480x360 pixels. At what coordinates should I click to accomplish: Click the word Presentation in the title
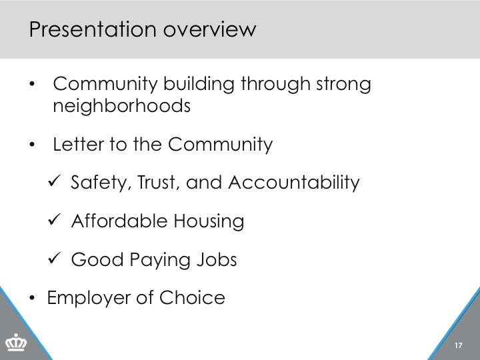click(x=93, y=29)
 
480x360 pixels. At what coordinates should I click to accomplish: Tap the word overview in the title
click(x=210, y=29)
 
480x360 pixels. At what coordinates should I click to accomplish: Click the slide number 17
click(x=458, y=345)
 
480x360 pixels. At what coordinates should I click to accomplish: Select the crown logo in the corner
click(x=16, y=342)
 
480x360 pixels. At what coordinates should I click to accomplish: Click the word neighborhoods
click(x=121, y=106)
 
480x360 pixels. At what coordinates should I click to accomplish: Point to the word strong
click(x=343, y=84)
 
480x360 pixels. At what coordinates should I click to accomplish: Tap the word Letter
click(x=79, y=144)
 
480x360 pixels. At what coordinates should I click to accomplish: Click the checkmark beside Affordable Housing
click(x=55, y=219)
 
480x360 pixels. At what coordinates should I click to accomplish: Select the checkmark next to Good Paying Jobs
click(x=55, y=258)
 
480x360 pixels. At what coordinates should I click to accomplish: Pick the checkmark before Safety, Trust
click(x=55, y=181)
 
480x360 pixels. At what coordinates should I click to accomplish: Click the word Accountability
click(x=294, y=183)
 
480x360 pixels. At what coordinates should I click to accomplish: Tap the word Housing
click(x=209, y=221)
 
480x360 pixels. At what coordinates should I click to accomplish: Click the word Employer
click(x=89, y=298)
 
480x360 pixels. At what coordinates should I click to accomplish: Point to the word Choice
click(x=192, y=297)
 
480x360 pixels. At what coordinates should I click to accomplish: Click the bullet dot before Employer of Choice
click(x=32, y=297)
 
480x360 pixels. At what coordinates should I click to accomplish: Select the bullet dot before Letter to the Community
click(x=32, y=145)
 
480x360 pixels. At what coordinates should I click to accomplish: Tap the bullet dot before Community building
click(x=32, y=84)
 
